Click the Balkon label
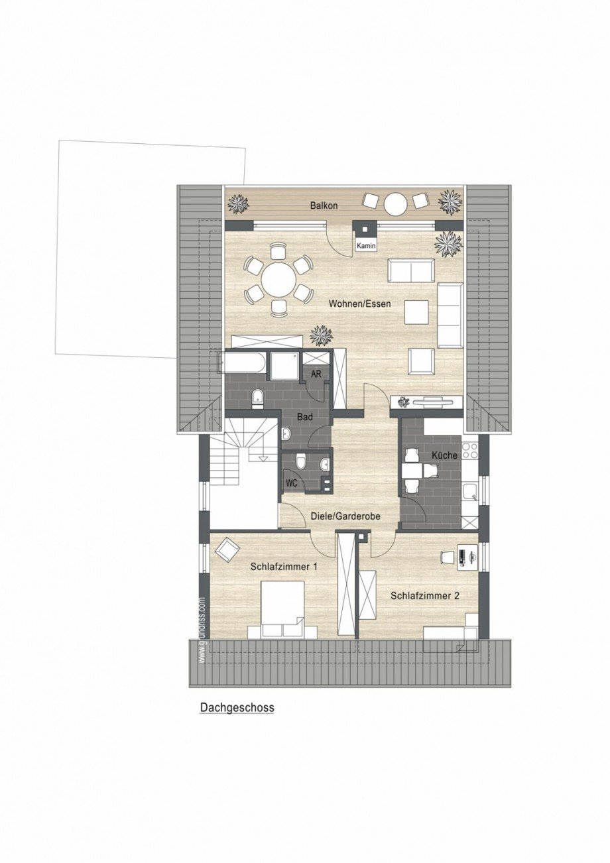pyautogui.click(x=324, y=205)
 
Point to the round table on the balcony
pyautogui.click(x=396, y=203)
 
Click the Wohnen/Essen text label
pyautogui.click(x=359, y=304)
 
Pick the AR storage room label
pyautogui.click(x=317, y=374)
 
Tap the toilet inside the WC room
pyautogui.click(x=302, y=463)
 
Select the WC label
pyautogui.click(x=291, y=483)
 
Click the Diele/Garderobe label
pyautogui.click(x=345, y=516)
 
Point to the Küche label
pyautogui.click(x=444, y=455)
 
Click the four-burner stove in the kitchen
pyautogui.click(x=469, y=450)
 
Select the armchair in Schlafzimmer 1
pyautogui.click(x=227, y=549)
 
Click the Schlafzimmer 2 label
pyautogui.click(x=425, y=596)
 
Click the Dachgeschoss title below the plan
pyautogui.click(x=237, y=708)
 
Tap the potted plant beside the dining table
pyautogui.click(x=322, y=335)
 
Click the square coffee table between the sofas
pyautogui.click(x=417, y=312)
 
